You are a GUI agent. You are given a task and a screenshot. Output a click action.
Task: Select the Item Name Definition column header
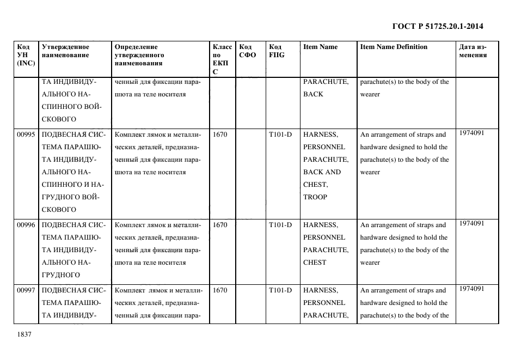tap(394, 47)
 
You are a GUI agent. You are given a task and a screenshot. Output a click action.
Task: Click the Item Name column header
tap(320, 47)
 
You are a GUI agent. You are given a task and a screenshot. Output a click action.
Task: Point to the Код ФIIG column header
tap(277, 51)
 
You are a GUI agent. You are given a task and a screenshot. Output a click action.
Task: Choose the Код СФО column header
tap(247, 51)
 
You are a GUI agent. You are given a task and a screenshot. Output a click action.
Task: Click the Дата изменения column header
tap(473, 51)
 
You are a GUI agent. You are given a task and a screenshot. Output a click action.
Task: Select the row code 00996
tap(26, 225)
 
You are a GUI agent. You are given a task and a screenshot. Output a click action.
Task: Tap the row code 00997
tap(26, 290)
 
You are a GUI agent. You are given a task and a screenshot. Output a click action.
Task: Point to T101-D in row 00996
tap(280, 225)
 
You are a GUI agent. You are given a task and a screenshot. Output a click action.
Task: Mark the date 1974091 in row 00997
tap(471, 289)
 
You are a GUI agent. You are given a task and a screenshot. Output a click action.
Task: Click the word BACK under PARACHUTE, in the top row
tap(313, 94)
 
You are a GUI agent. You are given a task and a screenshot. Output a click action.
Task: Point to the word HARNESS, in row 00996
tap(320, 225)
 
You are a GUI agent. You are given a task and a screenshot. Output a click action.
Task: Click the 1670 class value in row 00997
tap(220, 290)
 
